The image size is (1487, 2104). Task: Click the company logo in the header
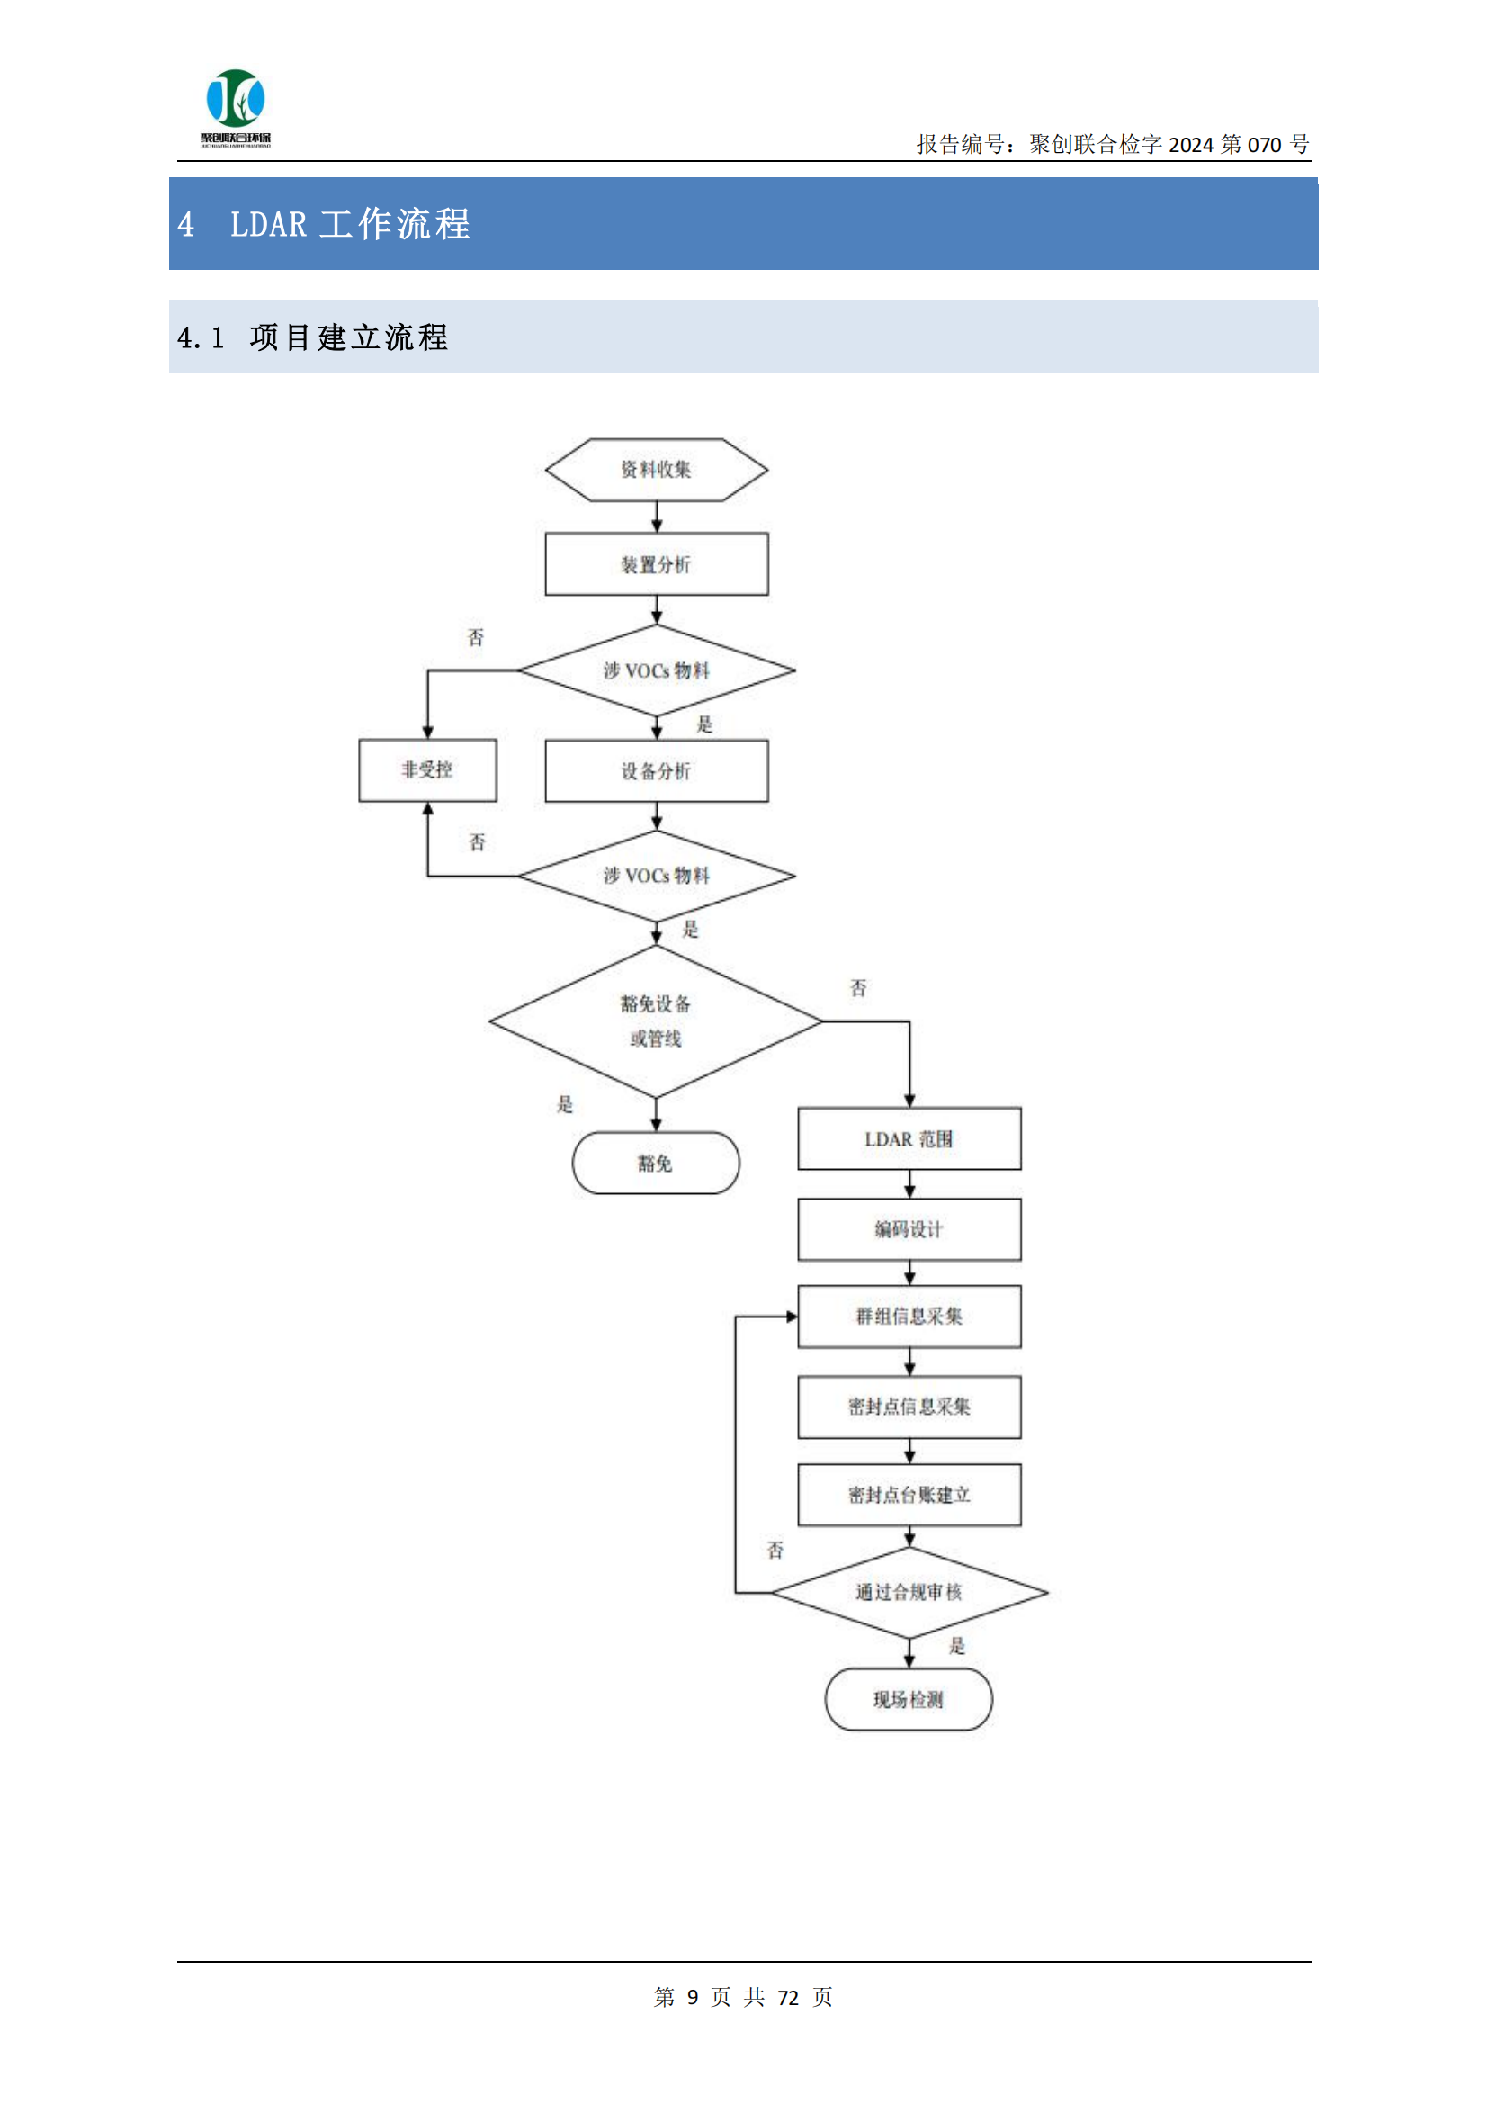coord(236,106)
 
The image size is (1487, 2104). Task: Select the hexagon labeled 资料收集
coord(656,469)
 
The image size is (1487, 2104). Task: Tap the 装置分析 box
coord(656,564)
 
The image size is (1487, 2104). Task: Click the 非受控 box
coord(427,769)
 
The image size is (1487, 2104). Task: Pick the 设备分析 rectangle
coord(656,770)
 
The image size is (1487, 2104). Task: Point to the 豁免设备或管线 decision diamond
coord(656,1020)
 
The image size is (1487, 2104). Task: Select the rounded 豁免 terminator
coord(655,1163)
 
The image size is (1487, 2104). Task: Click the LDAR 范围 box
coord(909,1138)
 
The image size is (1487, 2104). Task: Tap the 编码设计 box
coord(909,1229)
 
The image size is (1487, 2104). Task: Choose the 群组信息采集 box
coord(909,1316)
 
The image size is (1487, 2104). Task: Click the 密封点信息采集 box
coord(909,1406)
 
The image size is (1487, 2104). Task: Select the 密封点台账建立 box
coord(909,1495)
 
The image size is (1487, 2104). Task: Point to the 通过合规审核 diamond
coord(909,1592)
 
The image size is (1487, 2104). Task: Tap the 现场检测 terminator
coord(908,1699)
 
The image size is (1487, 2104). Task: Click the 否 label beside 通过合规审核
coord(775,1550)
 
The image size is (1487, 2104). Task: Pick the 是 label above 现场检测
coord(956,1646)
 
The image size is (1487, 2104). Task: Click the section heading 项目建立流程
coord(348,337)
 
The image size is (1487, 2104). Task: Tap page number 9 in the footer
coord(693,1997)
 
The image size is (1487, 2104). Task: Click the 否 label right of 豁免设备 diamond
coord(857,988)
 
